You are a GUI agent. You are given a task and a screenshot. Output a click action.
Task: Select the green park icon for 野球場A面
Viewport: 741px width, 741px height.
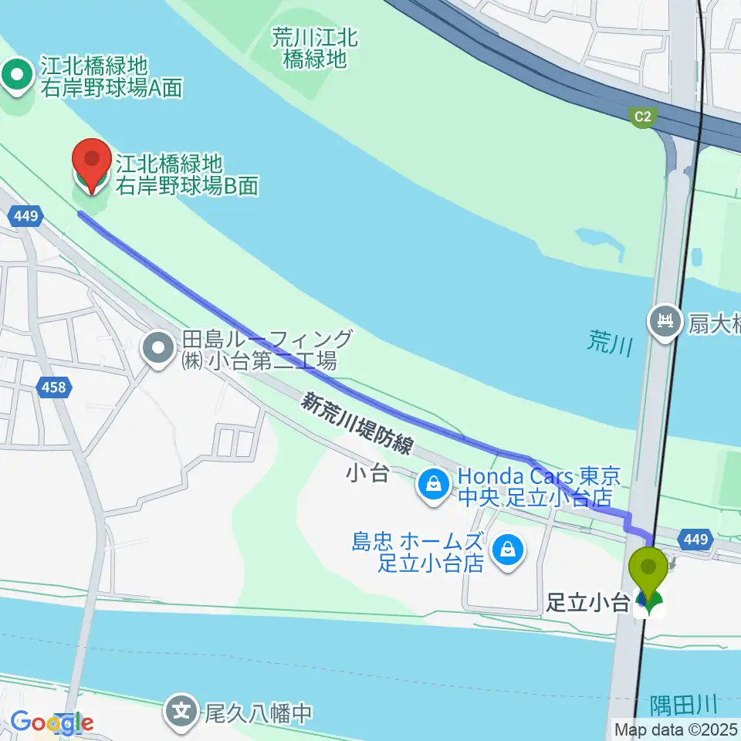[17, 76]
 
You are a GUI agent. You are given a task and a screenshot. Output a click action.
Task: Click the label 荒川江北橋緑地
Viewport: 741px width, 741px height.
[315, 48]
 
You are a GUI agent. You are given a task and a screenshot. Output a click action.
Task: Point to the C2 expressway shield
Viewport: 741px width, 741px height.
[642, 117]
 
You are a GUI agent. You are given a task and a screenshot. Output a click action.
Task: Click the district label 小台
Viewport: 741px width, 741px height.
[367, 472]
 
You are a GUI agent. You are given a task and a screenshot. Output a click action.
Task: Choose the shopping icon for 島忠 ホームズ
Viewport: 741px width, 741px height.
[508, 550]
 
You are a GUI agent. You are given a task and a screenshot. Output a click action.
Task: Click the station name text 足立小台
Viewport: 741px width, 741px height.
[588, 603]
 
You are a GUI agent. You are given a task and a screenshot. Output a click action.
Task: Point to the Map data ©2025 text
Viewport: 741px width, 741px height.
[675, 728]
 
